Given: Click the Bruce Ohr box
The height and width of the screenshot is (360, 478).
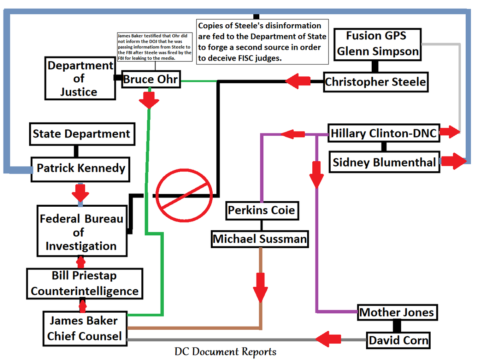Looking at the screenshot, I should (x=150, y=79).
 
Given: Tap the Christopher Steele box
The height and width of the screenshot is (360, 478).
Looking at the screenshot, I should (x=375, y=82).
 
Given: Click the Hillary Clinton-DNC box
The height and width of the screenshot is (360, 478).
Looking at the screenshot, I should (x=384, y=133).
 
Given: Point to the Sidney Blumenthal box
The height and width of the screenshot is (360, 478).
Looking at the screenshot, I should (x=384, y=162).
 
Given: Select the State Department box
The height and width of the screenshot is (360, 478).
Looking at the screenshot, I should (x=82, y=134).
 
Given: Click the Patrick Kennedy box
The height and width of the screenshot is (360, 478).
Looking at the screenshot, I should (x=81, y=168).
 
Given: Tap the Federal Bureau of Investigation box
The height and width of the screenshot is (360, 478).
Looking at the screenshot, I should (x=82, y=232).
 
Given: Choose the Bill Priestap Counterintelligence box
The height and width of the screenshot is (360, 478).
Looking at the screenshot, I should (x=84, y=284).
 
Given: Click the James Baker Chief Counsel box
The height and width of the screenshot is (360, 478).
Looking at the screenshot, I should (x=84, y=328).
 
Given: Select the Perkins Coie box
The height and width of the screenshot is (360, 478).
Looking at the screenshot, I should (x=262, y=209).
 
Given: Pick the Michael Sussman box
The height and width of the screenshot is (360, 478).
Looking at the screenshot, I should (x=260, y=239).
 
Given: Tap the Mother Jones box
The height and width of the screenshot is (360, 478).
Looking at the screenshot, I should (x=397, y=312).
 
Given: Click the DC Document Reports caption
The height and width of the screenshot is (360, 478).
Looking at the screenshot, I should (x=225, y=352).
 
